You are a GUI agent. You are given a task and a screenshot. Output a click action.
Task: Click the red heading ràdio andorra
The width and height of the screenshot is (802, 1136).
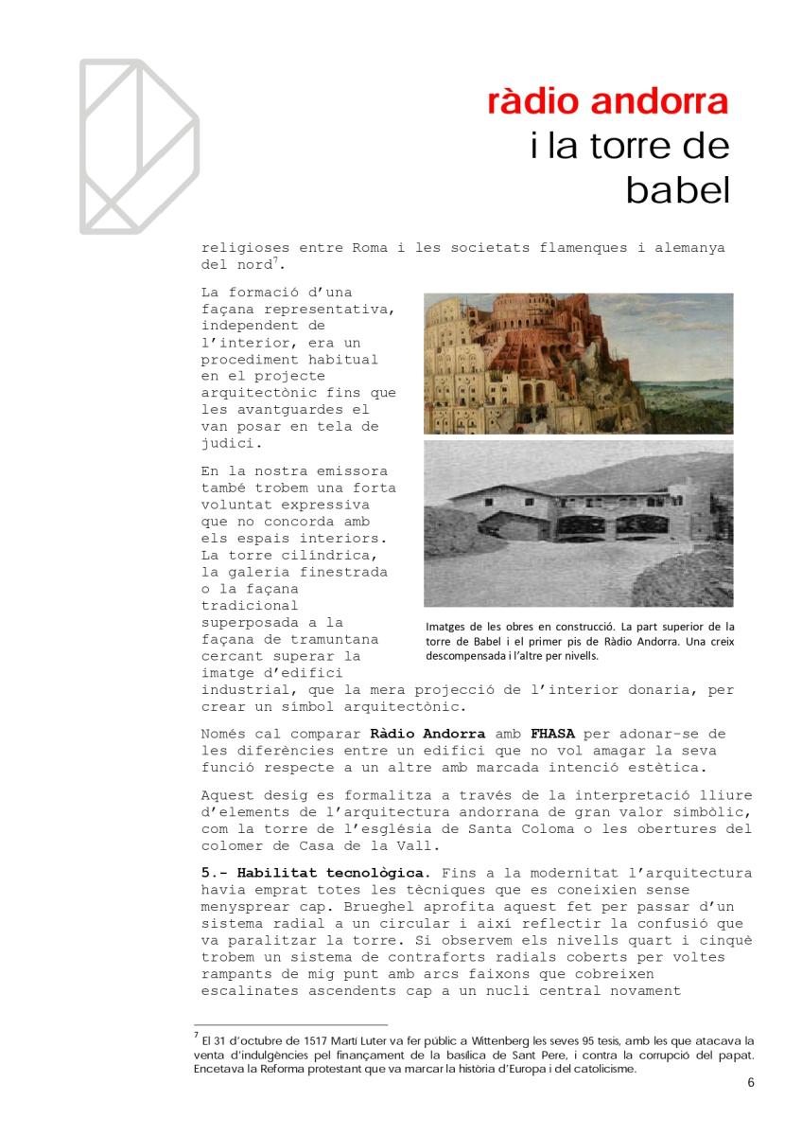click(x=608, y=102)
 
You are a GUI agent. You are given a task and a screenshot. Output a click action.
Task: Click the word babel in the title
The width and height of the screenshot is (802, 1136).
click(x=677, y=190)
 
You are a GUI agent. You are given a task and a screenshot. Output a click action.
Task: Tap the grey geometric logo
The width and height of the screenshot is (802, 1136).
click(x=138, y=146)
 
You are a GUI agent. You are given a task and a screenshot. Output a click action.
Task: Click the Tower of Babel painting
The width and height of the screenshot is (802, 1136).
click(x=578, y=363)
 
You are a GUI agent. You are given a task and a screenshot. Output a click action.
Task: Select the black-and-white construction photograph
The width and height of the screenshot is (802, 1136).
click(x=578, y=524)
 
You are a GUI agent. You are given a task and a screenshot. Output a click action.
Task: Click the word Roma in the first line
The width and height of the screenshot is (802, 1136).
click(x=357, y=249)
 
